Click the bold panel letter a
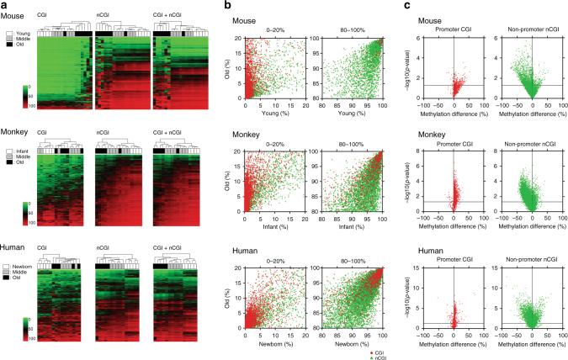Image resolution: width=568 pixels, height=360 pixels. pos(6,6)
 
